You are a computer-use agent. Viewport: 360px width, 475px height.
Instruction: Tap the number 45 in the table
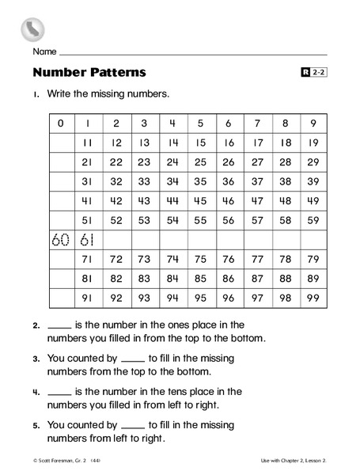coord(200,200)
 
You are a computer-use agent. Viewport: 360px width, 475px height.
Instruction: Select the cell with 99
coord(313,298)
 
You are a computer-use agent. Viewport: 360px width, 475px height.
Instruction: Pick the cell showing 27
coord(256,161)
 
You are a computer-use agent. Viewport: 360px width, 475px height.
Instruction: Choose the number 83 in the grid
coord(144,278)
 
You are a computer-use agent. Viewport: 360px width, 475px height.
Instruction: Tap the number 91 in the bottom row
coord(88,298)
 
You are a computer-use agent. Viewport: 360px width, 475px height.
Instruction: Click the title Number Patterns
coord(89,73)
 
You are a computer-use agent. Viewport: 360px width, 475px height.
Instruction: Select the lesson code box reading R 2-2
coord(314,73)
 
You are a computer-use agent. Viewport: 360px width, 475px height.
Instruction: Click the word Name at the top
coord(44,51)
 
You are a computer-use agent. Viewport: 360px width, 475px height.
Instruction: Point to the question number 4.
coord(36,391)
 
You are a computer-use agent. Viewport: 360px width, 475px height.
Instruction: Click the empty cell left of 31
coord(60,181)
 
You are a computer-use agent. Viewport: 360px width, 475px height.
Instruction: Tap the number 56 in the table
coord(228,219)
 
